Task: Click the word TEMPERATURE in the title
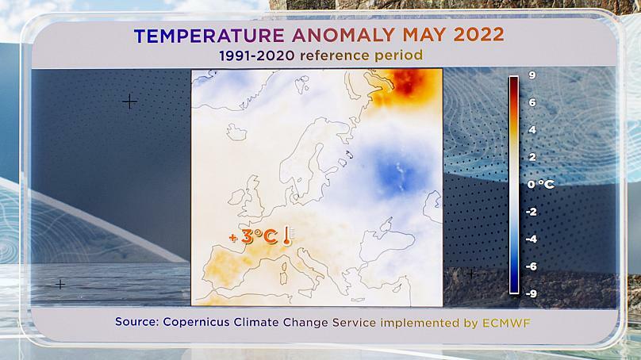click(209, 36)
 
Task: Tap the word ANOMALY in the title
click(344, 36)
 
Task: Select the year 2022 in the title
click(478, 36)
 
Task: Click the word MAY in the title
click(424, 36)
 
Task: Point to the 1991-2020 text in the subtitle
click(257, 56)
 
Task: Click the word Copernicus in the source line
click(196, 322)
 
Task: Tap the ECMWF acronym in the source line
click(506, 323)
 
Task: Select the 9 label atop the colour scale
click(532, 75)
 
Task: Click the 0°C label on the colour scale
click(540, 184)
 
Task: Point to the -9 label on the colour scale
click(531, 293)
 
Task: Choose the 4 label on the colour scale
click(532, 130)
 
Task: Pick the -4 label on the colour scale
click(531, 239)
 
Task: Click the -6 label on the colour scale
click(531, 266)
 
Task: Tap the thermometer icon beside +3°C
click(287, 236)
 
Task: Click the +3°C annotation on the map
click(253, 236)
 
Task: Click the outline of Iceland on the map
click(236, 132)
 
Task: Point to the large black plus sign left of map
click(129, 101)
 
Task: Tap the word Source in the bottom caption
click(137, 322)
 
